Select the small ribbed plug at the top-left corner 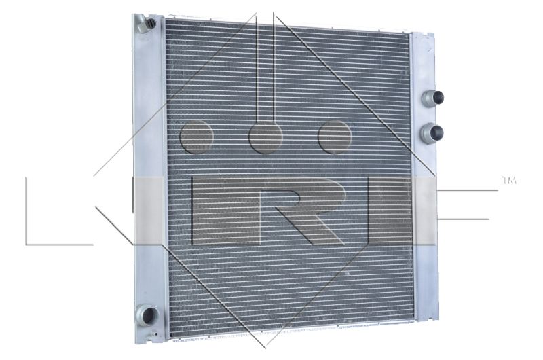[x=150, y=24]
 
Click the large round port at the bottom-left [x=147, y=315]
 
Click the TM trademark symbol [x=508, y=181]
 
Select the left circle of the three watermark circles [x=197, y=137]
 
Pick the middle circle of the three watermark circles [x=265, y=137]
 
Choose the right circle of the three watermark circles [x=335, y=137]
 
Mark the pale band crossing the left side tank [x=150, y=211]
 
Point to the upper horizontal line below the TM [x=468, y=190]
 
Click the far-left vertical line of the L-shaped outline [x=26, y=211]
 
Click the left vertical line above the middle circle [x=257, y=68]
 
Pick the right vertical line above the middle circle [x=274, y=68]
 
